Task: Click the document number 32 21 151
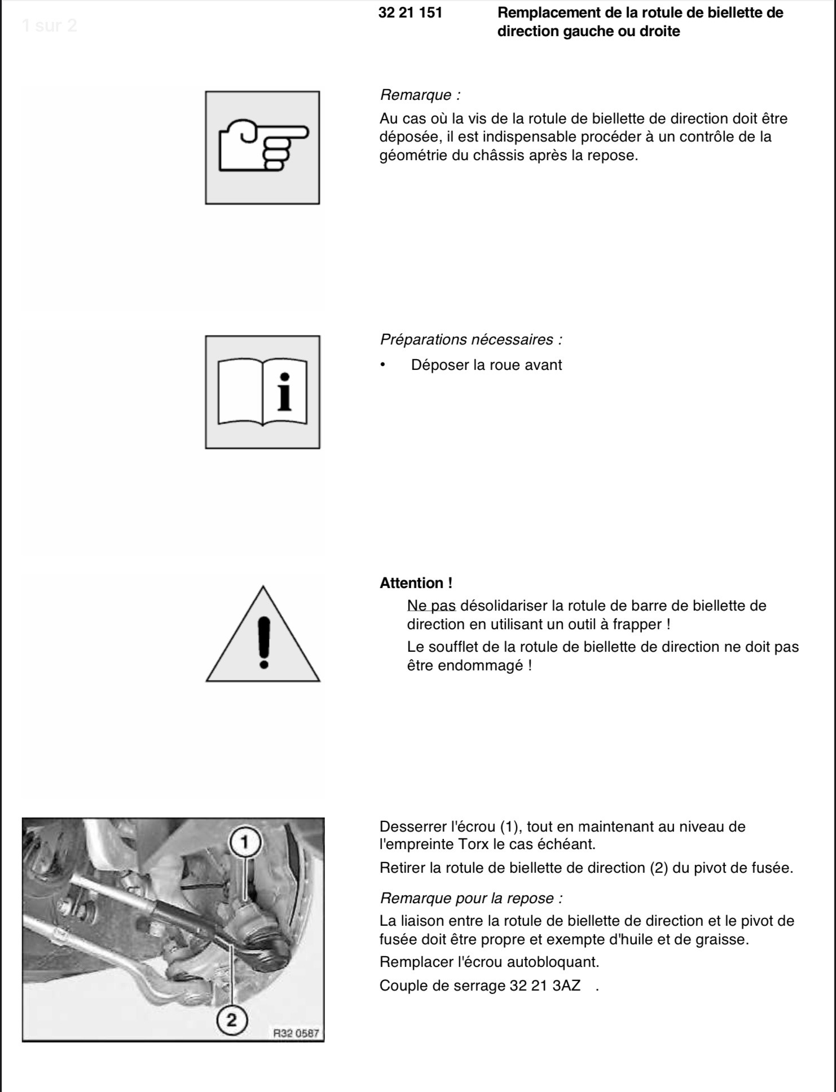pos(410,12)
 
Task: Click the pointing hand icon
pos(263,146)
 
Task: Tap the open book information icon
pos(263,392)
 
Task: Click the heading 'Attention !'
pos(416,583)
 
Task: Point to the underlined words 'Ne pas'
pos(432,606)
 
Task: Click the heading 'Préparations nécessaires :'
pos(471,339)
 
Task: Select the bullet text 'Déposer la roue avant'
pos(486,365)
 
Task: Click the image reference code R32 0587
pos(296,1033)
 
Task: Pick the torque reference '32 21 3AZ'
pos(545,985)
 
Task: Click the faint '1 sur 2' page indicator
pos(50,25)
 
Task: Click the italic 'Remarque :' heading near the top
pos(420,95)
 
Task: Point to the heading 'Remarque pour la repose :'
pos(471,898)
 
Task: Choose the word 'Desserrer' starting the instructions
pos(413,827)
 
